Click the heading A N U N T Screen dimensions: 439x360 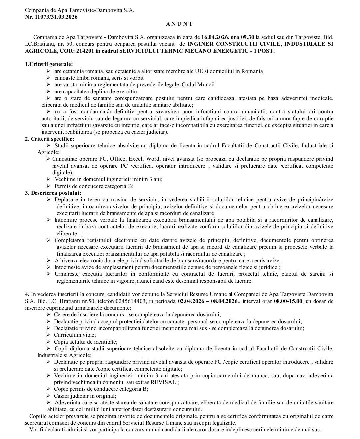pos(179,24)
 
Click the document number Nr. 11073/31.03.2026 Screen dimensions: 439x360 pos(51,17)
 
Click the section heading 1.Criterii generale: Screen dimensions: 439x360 pos(49,64)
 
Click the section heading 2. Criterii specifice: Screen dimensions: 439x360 pos(50,139)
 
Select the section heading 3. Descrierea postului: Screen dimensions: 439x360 pos(53,193)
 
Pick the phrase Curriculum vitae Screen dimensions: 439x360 pos(75,335)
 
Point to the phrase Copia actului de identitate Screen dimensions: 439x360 pos(86,342)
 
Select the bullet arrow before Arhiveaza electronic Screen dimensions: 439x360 pos(48,260)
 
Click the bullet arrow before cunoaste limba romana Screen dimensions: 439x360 pos(48,78)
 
